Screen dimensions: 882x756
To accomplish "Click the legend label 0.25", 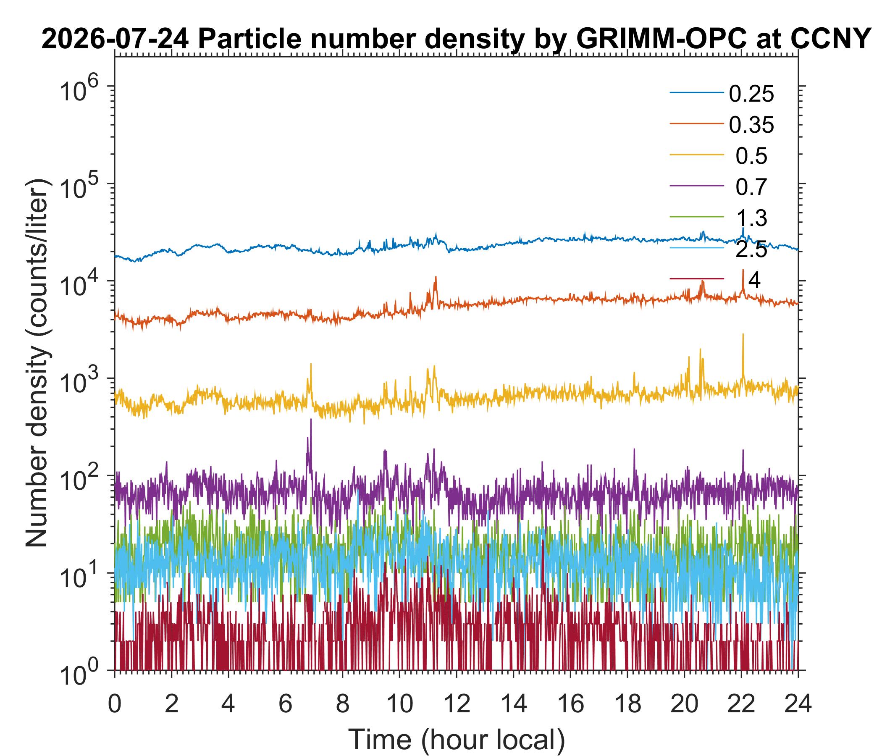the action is [751, 94].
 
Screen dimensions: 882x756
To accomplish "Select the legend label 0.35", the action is [751, 125].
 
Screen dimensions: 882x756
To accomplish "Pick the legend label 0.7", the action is [751, 187].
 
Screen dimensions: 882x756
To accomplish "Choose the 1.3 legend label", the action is [751, 218].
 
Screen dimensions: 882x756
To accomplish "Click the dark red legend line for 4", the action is [697, 279].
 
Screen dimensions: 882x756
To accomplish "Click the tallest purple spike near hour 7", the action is [311, 420].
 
